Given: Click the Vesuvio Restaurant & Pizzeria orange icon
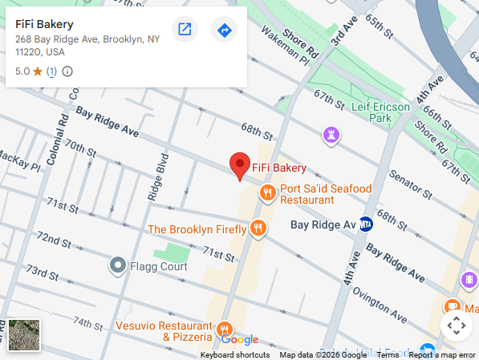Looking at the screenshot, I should (x=225, y=330).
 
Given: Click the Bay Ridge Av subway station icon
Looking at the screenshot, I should (x=366, y=224).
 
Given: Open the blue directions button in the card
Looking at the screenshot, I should (x=224, y=30).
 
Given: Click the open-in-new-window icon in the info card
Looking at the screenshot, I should (x=185, y=30).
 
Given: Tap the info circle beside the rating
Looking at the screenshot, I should (x=67, y=71).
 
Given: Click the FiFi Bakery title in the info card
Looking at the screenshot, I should (x=45, y=24).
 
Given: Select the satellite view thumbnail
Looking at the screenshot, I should (x=24, y=334).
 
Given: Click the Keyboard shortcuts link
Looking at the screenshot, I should (x=235, y=354).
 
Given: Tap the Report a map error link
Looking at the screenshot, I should (x=442, y=354).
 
